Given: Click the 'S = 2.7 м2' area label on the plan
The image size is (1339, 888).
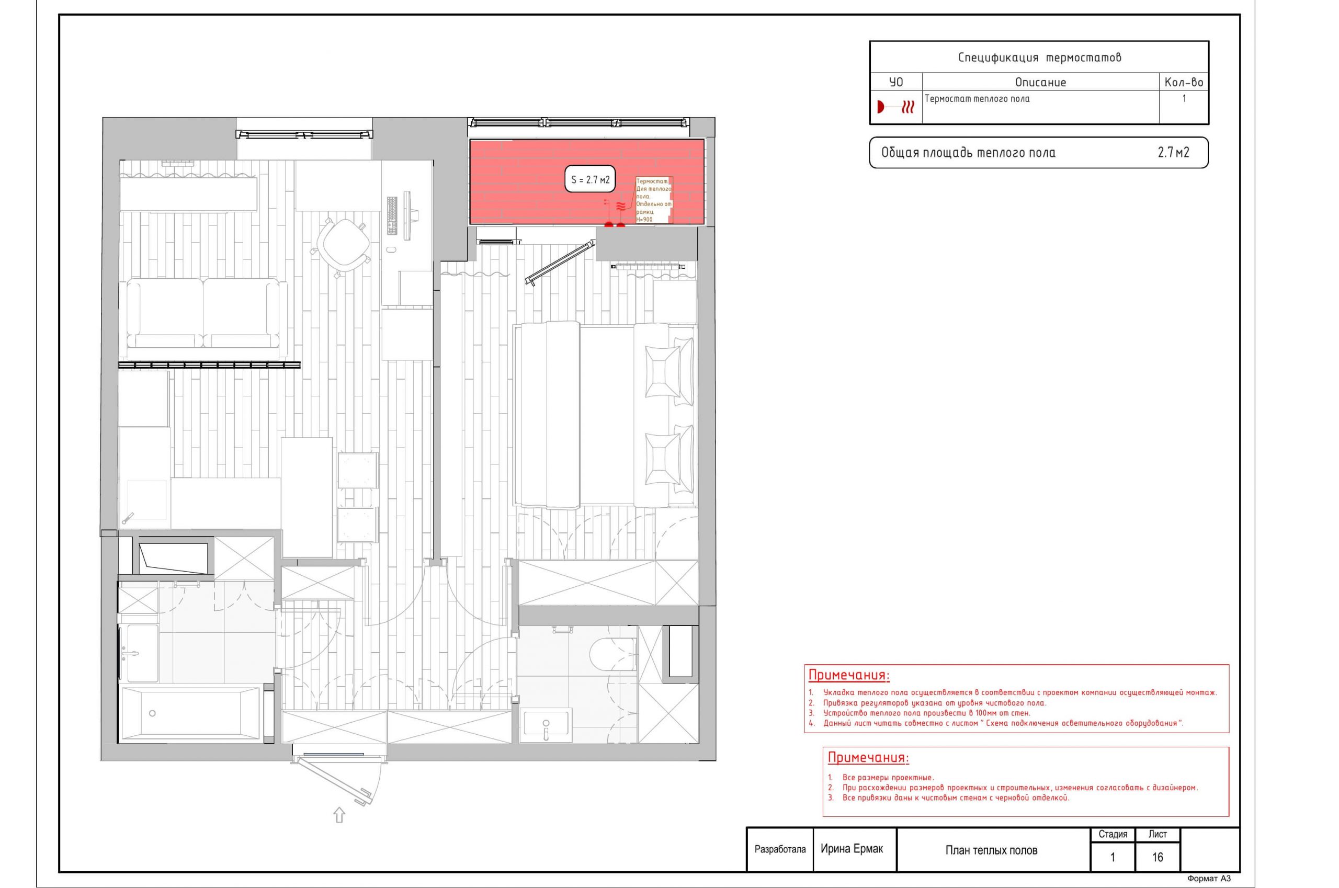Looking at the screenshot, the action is click(x=590, y=180).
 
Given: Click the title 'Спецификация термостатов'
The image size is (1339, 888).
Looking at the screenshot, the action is click(x=1039, y=57).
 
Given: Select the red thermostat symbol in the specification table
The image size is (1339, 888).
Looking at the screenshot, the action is click(x=895, y=107).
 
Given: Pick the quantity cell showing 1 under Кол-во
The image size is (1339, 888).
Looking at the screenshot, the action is click(x=1184, y=98).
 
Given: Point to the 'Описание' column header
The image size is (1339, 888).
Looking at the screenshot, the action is click(x=1040, y=82).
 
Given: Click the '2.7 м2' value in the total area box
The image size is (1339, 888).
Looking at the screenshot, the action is click(x=1174, y=152).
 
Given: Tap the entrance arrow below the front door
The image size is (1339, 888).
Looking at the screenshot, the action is click(x=339, y=814).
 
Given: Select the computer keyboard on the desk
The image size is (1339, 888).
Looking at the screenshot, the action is click(x=392, y=215).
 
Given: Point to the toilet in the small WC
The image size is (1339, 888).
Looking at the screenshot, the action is click(x=613, y=655).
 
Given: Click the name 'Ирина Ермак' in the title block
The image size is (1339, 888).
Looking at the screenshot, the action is click(x=852, y=848).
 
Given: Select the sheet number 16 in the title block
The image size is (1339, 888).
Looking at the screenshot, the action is click(x=1157, y=857).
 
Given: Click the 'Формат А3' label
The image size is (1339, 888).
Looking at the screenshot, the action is click(x=1209, y=879).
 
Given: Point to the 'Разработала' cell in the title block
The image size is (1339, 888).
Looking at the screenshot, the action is click(x=780, y=849).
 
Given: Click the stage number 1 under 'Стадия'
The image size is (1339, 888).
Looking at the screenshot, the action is click(x=1113, y=857).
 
